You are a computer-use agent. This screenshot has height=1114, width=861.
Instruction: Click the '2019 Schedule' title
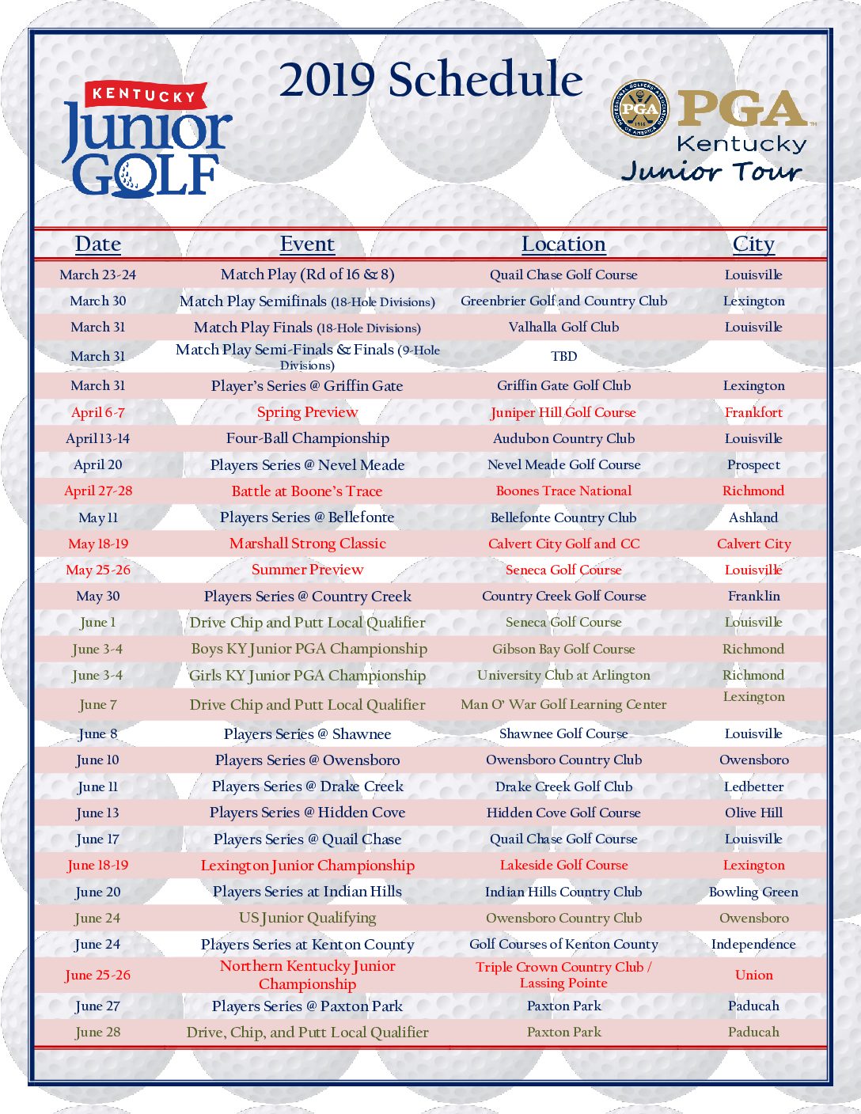(x=431, y=80)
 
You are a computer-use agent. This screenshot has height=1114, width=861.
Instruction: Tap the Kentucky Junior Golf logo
(x=146, y=140)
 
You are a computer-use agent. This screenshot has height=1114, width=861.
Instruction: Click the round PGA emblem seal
(x=639, y=109)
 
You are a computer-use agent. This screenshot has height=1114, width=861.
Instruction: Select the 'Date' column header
(x=98, y=244)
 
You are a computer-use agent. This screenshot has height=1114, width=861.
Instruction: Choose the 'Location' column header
(x=563, y=244)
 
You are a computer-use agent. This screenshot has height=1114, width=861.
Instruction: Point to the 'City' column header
(x=753, y=244)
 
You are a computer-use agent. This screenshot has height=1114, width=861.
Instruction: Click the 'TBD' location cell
(x=563, y=356)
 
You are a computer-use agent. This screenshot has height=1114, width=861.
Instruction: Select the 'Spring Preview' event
(x=307, y=411)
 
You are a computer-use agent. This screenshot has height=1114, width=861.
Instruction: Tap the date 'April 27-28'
(x=98, y=491)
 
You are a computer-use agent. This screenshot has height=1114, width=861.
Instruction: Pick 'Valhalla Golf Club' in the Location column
(x=563, y=327)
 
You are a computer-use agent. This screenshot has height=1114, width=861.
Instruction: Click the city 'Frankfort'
(x=753, y=412)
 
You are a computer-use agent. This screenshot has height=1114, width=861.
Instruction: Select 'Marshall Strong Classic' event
(x=308, y=544)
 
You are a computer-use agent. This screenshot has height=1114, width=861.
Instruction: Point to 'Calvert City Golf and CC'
(x=563, y=544)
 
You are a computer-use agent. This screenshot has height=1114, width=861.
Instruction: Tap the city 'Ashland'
(x=753, y=517)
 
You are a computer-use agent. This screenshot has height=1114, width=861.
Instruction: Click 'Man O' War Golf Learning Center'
(x=563, y=704)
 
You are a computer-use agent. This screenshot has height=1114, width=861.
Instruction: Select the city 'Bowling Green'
(x=753, y=892)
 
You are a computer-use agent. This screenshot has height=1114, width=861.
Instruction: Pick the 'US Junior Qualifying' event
(x=307, y=918)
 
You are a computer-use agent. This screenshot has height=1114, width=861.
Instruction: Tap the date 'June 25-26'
(x=98, y=975)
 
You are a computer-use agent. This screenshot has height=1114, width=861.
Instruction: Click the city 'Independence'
(x=753, y=944)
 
